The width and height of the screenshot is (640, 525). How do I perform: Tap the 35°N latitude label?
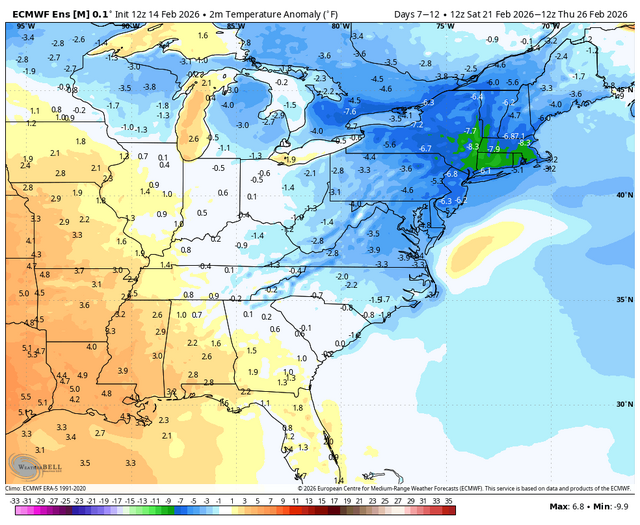tap(621, 300)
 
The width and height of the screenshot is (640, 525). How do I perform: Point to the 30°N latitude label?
tap(621, 405)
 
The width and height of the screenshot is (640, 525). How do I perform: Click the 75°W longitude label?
tap(444, 25)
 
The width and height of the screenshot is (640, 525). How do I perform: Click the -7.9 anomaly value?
tap(494, 150)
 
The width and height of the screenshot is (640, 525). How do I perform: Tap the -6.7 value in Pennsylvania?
tap(424, 148)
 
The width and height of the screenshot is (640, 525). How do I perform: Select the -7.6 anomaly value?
tap(350, 112)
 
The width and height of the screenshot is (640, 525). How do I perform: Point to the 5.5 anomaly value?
tap(24, 397)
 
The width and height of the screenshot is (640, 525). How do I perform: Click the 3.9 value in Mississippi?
tap(122, 370)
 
